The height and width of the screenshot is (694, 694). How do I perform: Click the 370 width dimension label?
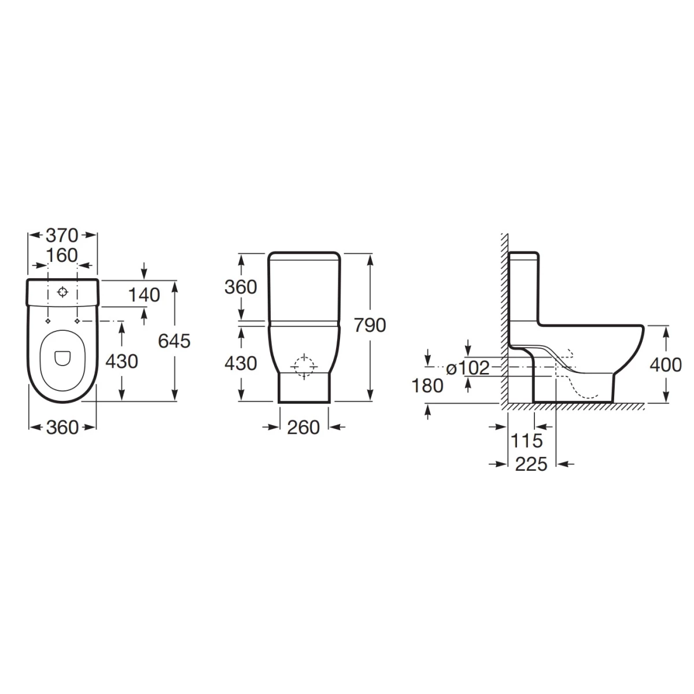(x=62, y=235)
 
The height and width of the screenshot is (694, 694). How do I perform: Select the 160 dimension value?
(x=62, y=256)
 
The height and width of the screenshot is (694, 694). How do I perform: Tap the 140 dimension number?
(x=144, y=295)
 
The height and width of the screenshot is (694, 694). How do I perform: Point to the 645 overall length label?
(x=174, y=341)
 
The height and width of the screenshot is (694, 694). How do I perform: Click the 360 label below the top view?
(x=62, y=427)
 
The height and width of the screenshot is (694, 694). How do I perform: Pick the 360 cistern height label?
(x=241, y=287)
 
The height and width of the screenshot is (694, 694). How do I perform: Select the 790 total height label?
(x=370, y=325)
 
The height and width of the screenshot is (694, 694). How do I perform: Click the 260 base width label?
(x=303, y=427)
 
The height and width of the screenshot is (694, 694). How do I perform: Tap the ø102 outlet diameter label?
(x=467, y=368)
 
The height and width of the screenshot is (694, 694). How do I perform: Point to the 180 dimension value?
(x=427, y=386)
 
